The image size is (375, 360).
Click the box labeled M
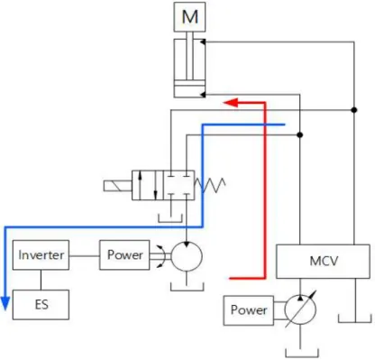[x=189, y=17]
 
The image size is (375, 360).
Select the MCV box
[x=323, y=262]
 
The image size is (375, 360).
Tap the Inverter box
[x=41, y=255]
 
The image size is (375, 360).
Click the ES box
[x=41, y=305]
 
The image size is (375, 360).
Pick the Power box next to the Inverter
[x=124, y=255]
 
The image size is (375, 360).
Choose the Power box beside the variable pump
[x=249, y=310]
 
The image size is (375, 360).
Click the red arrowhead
[x=231, y=103]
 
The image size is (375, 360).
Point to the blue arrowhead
[x=5, y=303]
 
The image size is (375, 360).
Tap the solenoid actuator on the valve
[x=118, y=186]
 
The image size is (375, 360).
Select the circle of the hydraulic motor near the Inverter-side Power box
[x=187, y=256]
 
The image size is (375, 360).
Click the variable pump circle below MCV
[x=300, y=309]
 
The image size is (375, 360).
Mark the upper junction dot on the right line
[x=354, y=110]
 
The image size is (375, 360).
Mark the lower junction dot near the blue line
[x=299, y=134]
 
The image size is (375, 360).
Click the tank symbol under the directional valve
[x=170, y=218]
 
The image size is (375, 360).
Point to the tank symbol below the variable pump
[x=302, y=353]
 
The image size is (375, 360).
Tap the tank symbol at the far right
[x=355, y=318]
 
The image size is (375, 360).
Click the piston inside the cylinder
[x=189, y=83]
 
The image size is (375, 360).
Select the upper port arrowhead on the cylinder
[x=203, y=42]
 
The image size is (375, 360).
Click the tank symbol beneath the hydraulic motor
[x=187, y=287]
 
